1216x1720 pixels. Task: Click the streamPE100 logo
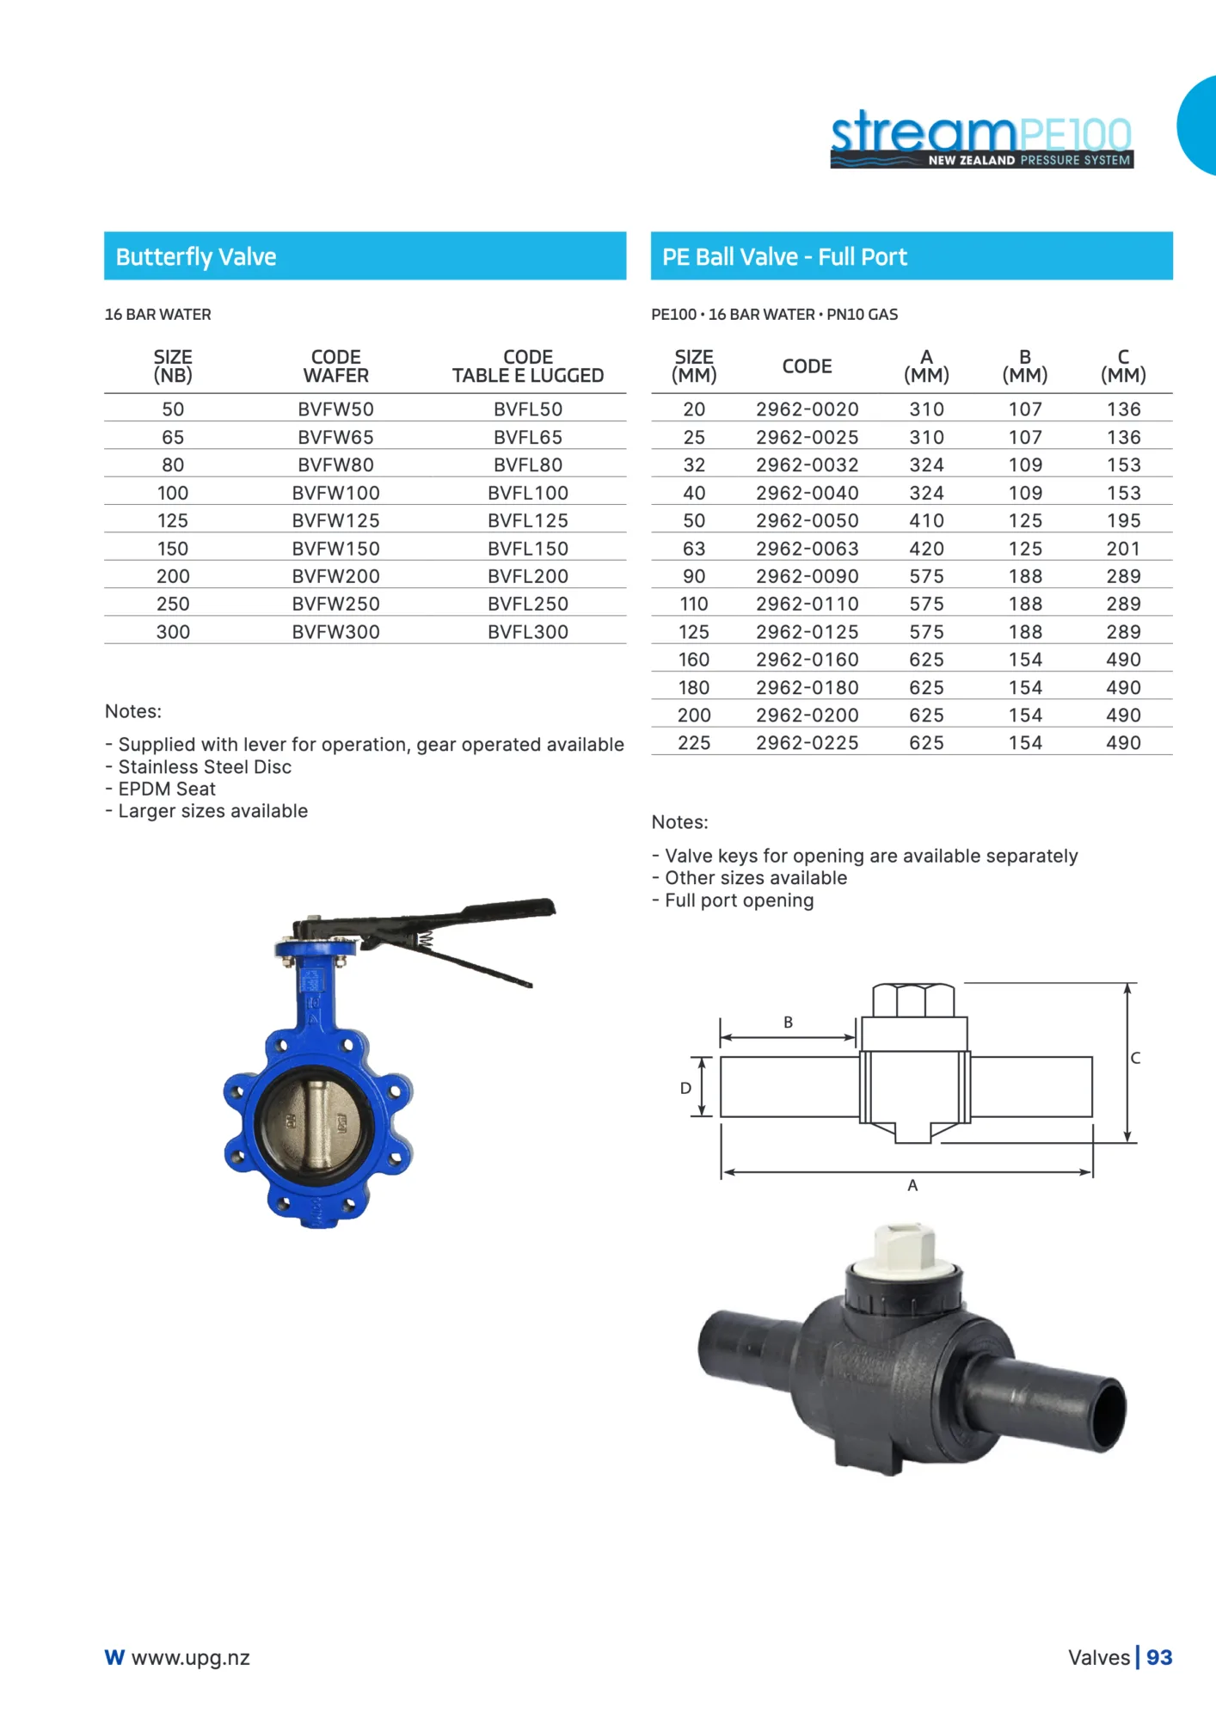click(x=980, y=139)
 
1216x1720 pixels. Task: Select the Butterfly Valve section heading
click(x=196, y=257)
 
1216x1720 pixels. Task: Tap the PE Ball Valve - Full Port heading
click(x=784, y=257)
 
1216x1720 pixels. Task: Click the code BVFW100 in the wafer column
click(x=335, y=493)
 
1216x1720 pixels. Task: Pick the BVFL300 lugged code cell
click(x=527, y=632)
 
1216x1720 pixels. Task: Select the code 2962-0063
click(x=807, y=549)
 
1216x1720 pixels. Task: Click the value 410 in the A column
click(x=926, y=521)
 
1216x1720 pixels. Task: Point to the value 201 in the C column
click(x=1123, y=549)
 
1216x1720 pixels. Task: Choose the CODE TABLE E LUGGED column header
click(x=527, y=366)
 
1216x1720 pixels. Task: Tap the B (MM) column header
click(x=1024, y=366)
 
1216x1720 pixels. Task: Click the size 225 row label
click(x=693, y=743)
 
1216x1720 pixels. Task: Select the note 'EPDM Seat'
click(x=167, y=789)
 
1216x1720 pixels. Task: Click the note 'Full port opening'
click(x=739, y=900)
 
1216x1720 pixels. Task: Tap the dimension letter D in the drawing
click(x=685, y=1088)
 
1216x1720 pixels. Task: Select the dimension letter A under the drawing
click(x=912, y=1185)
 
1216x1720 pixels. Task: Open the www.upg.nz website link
click(x=190, y=1657)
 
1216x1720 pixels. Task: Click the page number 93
click(x=1158, y=1657)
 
